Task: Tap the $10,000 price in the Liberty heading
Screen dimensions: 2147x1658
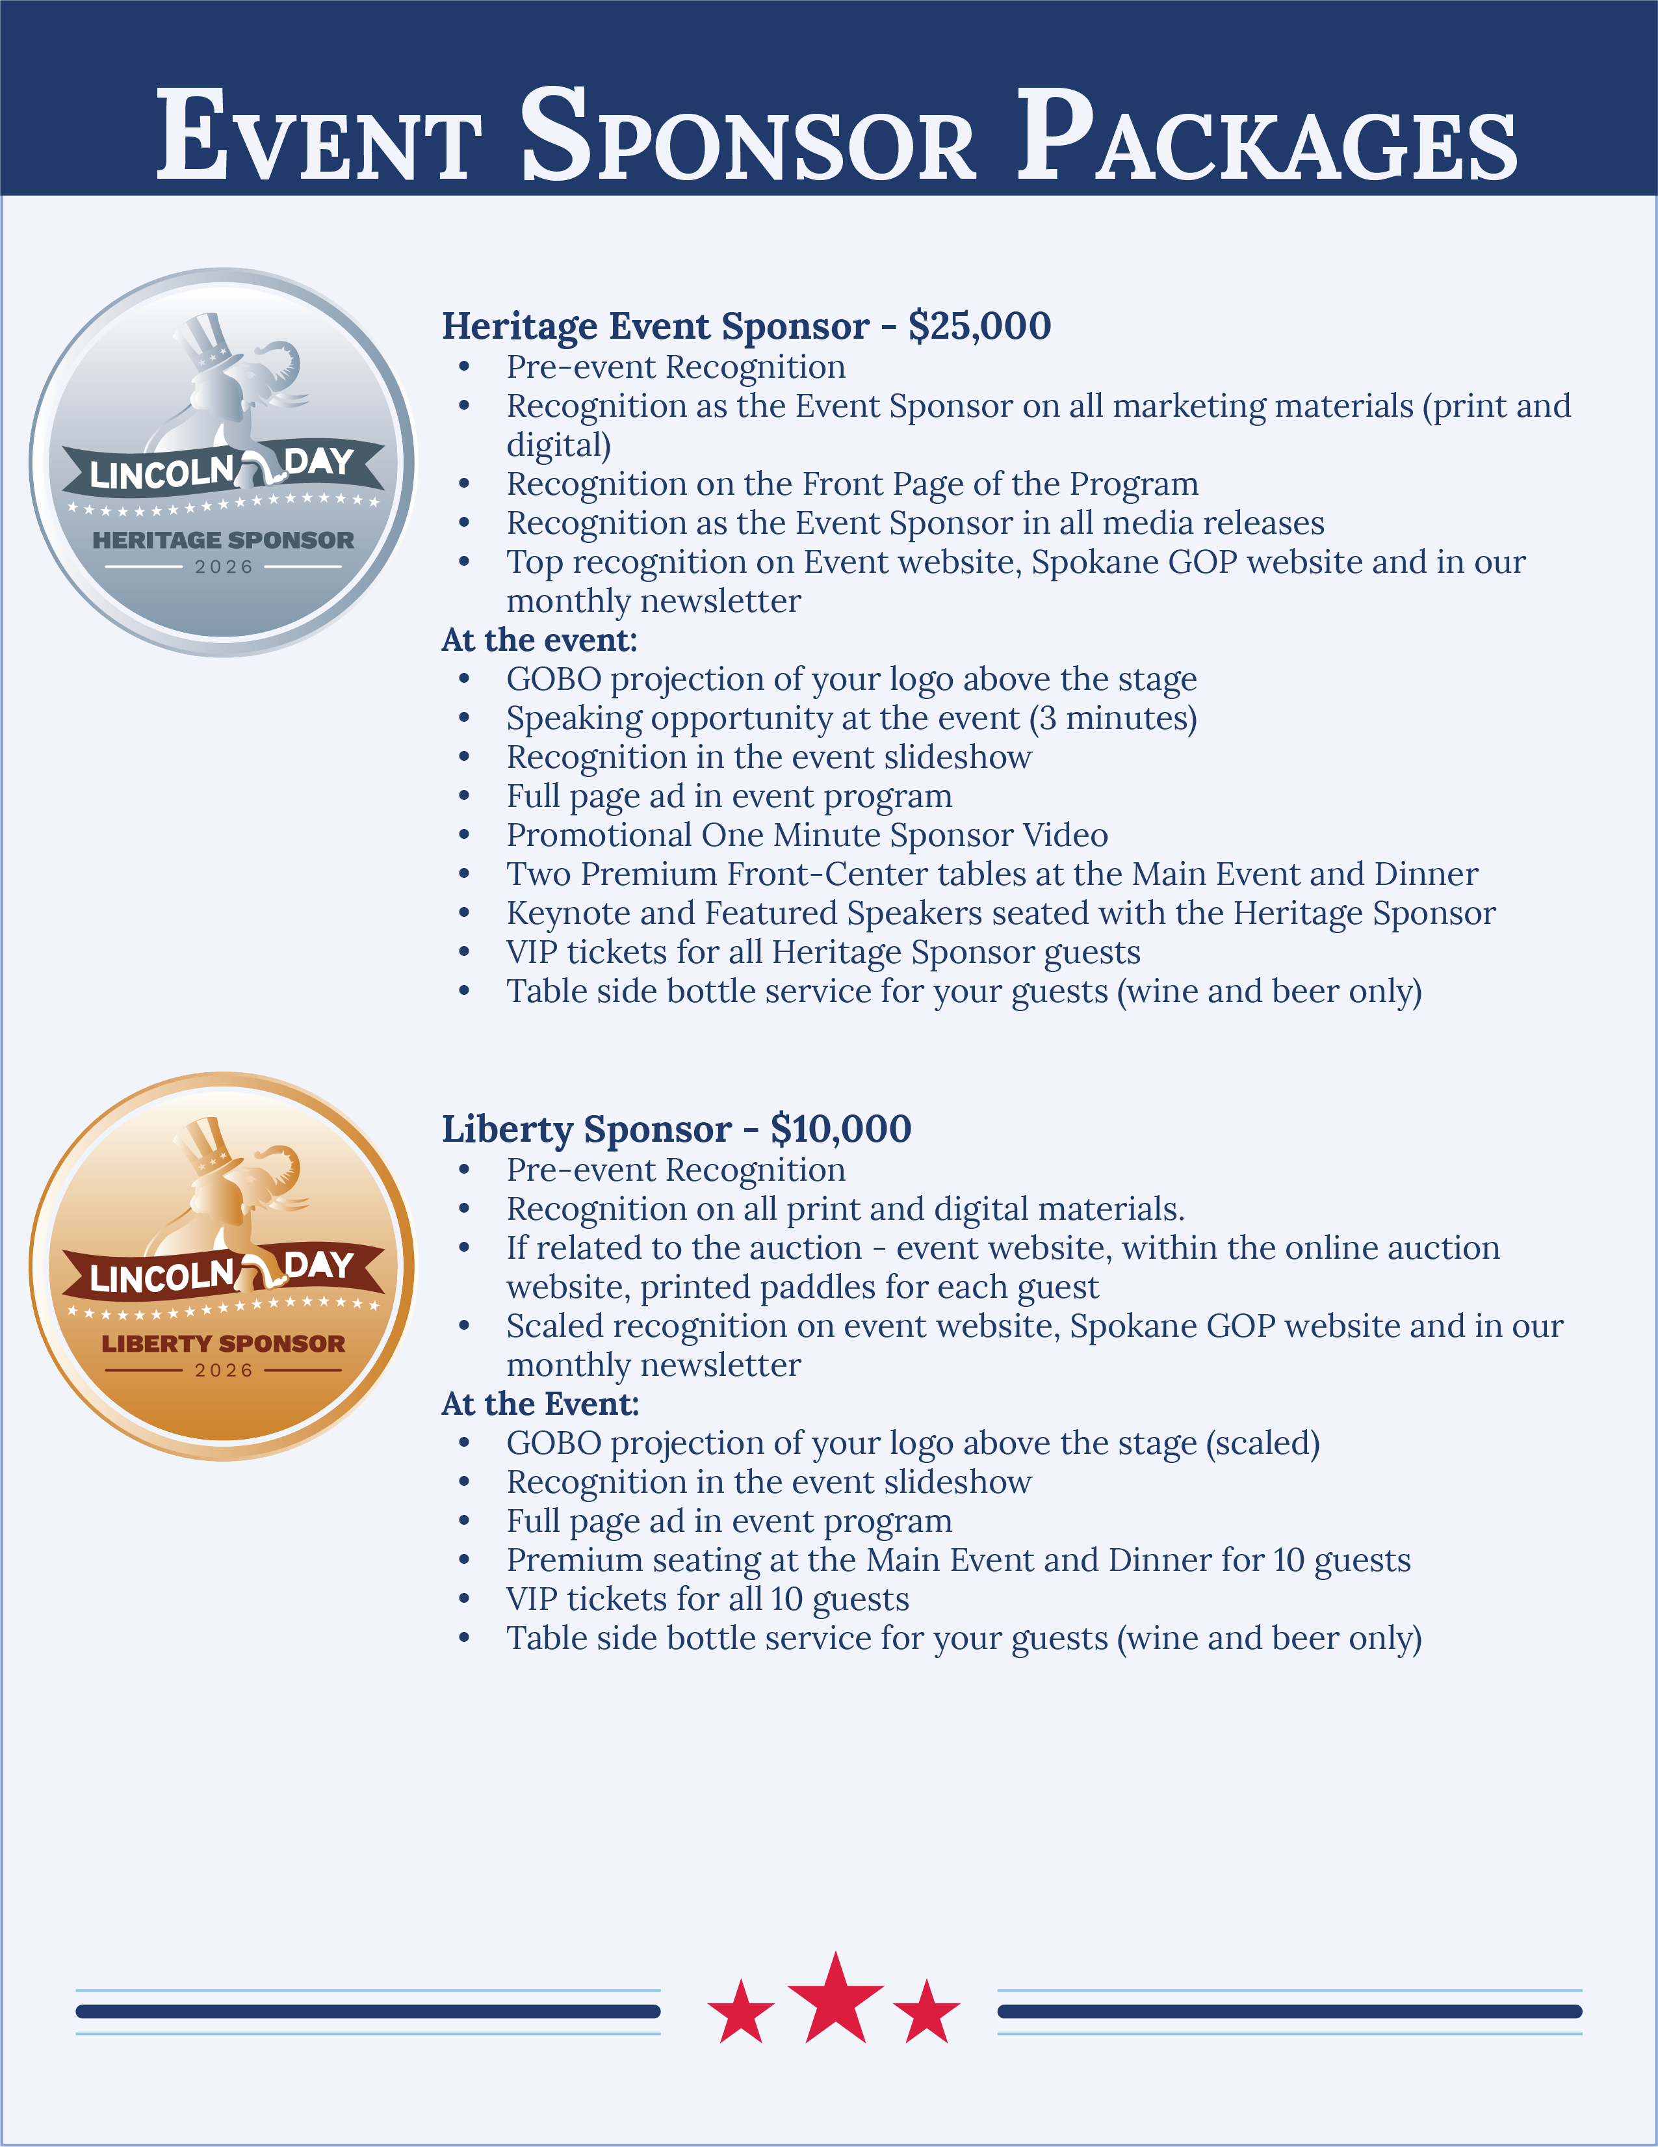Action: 840,1129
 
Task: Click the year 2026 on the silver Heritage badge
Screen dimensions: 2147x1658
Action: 224,567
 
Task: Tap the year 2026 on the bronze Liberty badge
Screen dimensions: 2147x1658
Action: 224,1371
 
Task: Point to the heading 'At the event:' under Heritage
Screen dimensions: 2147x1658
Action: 539,640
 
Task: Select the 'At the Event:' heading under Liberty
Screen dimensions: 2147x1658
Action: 539,1404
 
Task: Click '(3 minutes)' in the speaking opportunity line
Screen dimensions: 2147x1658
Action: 1113,718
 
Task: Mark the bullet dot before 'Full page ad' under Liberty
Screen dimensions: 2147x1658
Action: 464,1521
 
